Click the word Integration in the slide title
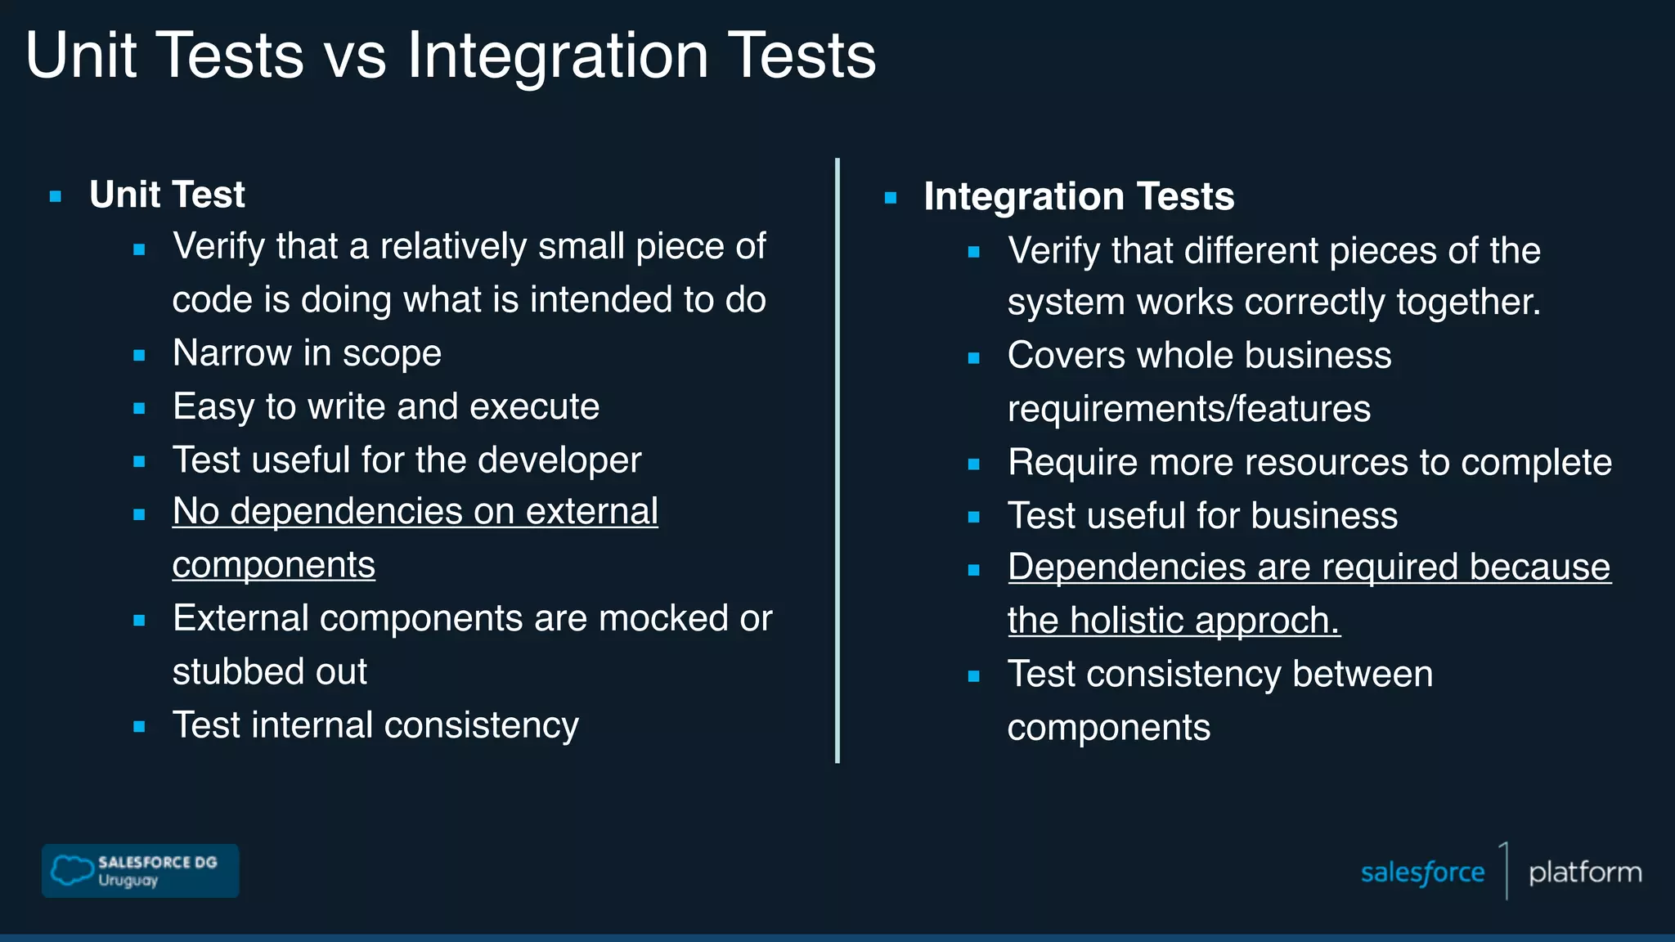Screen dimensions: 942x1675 point(558,56)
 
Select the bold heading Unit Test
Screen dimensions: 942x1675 point(167,195)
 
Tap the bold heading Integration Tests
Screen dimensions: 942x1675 point(1078,196)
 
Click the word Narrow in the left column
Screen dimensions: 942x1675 point(232,353)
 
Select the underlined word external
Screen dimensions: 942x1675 point(591,512)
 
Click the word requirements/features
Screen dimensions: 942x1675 point(1188,409)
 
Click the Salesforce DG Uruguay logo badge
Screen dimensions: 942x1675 point(140,871)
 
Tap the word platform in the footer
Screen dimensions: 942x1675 point(1584,872)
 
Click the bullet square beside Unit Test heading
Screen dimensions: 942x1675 point(56,196)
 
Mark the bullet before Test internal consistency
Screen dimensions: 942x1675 point(139,726)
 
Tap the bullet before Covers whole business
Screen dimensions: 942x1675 point(973,357)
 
